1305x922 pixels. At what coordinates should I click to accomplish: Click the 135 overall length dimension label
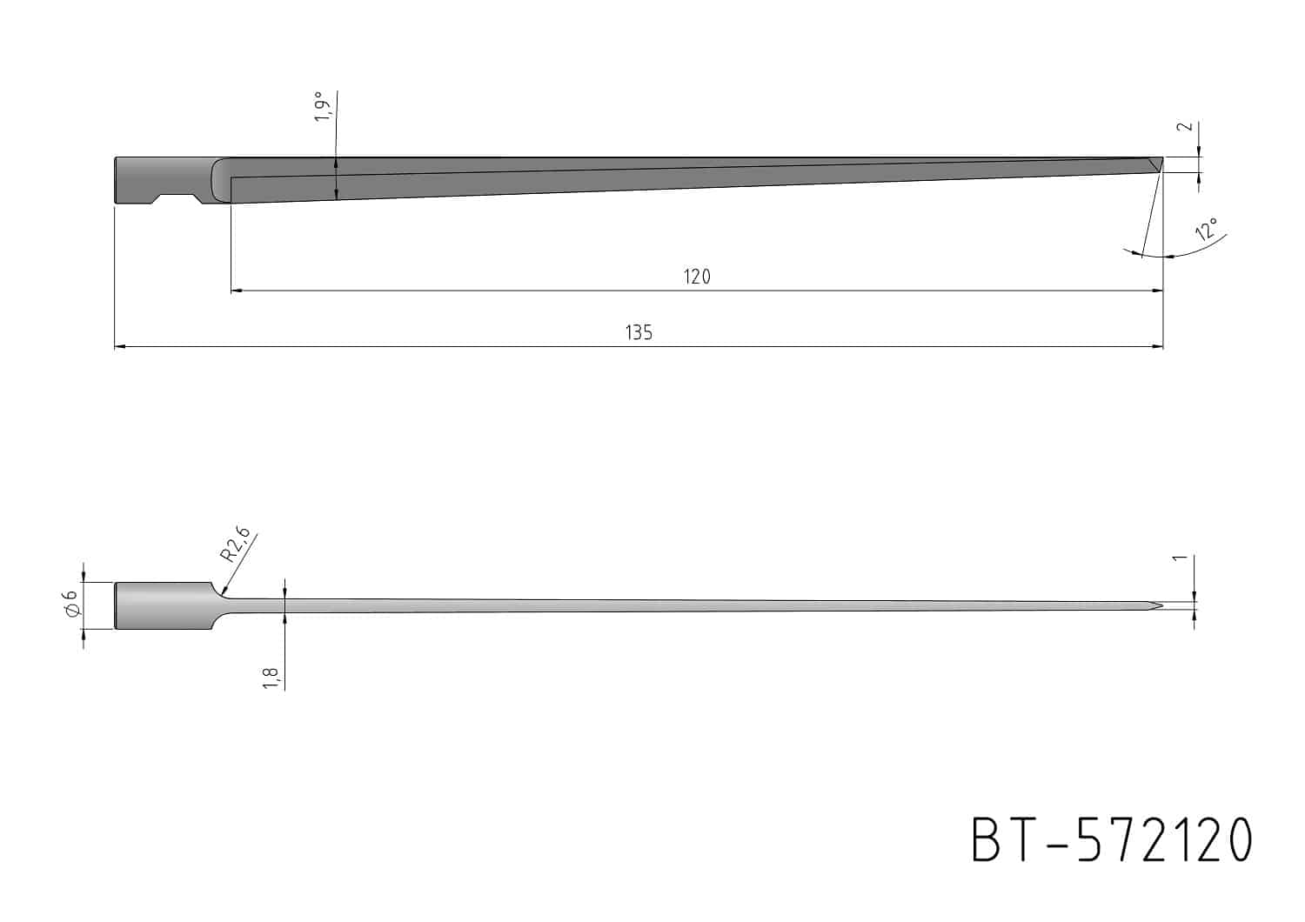coord(639,332)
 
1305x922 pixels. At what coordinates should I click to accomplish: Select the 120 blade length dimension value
coord(697,277)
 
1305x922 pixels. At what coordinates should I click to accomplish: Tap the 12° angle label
coord(1207,230)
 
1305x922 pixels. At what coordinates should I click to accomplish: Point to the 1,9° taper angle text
coord(322,107)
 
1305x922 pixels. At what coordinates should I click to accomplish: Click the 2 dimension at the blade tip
coord(1186,126)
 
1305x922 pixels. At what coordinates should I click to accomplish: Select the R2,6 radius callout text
coord(236,544)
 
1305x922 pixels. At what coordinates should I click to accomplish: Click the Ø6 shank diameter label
coord(72,604)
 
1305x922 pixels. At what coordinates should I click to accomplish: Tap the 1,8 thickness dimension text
coord(271,678)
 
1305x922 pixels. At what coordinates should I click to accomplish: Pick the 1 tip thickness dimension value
coord(1180,558)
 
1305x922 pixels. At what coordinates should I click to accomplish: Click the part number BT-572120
coord(1112,839)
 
